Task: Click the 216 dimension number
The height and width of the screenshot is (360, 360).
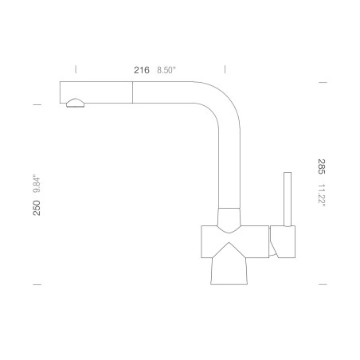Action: coord(142,70)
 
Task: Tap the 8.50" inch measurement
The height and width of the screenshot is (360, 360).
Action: coord(166,70)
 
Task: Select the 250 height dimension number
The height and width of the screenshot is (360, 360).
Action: coord(37,208)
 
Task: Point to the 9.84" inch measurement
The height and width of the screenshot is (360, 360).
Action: coord(37,183)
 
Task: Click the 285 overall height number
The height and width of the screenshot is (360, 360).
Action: coord(322,166)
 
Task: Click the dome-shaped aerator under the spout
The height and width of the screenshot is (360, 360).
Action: coord(75,103)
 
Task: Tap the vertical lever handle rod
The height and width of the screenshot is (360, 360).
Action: coord(288,199)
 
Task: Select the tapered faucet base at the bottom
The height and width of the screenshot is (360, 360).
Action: coord(229,271)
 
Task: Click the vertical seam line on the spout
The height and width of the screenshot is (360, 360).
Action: coord(132,92)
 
